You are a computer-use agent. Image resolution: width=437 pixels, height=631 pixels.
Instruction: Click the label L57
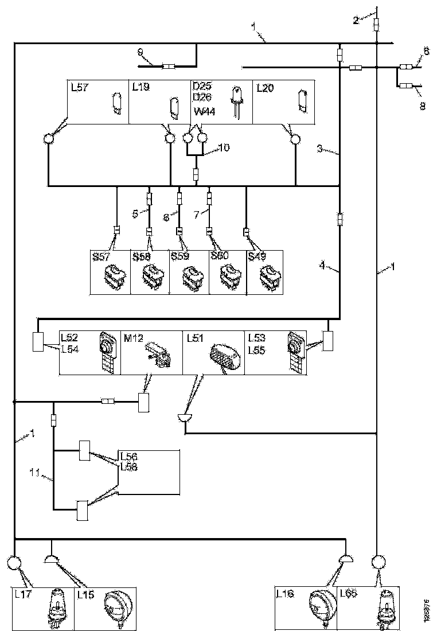79,87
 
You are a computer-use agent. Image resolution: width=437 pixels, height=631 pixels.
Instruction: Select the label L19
141,87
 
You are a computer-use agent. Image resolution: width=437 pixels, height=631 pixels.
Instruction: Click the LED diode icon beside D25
235,102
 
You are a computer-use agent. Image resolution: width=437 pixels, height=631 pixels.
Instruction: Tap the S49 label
257,256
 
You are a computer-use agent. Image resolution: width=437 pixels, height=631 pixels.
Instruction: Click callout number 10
224,148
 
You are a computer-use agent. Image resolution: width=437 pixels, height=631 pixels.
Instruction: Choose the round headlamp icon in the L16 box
319,607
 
